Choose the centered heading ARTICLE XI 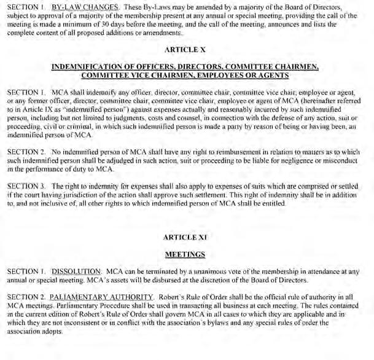pos(187,237)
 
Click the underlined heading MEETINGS pos(187,254)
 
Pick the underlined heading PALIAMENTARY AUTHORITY pos(98,297)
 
